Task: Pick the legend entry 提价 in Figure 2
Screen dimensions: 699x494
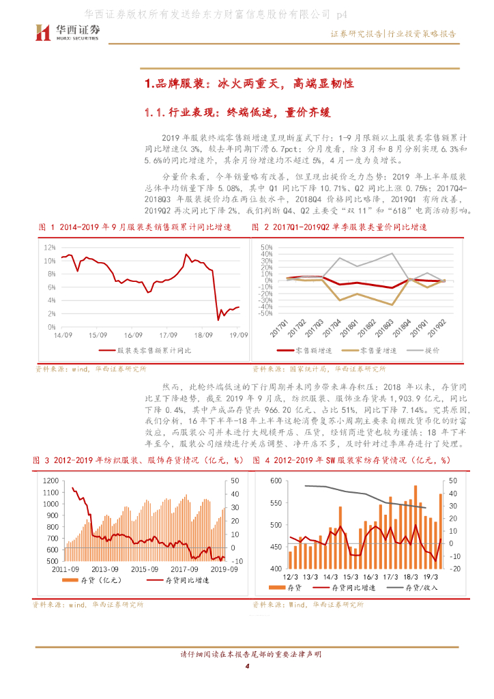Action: click(432, 350)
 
